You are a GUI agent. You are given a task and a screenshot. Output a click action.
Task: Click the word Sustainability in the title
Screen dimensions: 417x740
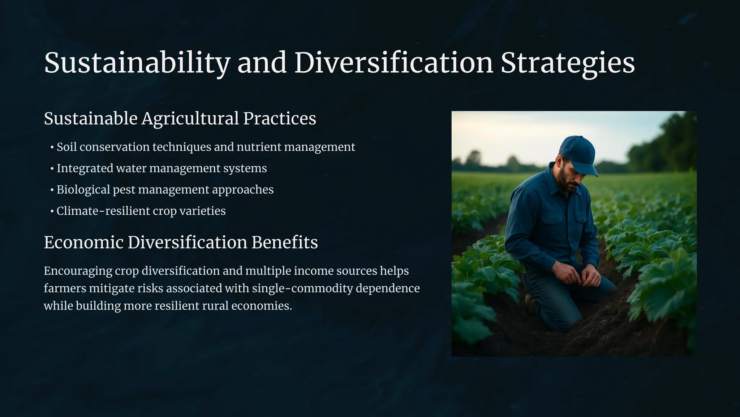(x=137, y=63)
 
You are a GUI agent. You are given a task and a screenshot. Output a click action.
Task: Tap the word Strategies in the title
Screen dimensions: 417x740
(x=568, y=63)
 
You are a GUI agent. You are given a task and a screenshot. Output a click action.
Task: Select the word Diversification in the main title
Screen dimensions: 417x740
(x=394, y=63)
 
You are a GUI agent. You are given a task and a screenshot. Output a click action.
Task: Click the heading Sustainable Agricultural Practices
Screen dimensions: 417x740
(x=180, y=118)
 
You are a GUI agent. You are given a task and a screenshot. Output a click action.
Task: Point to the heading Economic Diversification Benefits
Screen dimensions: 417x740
(x=181, y=242)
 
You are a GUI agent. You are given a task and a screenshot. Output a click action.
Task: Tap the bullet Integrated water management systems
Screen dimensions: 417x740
(x=162, y=168)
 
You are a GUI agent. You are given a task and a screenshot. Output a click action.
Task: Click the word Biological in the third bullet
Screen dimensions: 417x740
(x=83, y=190)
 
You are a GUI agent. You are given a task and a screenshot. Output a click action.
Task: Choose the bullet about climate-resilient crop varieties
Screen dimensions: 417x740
(x=141, y=211)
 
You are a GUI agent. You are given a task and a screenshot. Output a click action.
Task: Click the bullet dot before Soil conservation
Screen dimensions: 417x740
(x=52, y=147)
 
